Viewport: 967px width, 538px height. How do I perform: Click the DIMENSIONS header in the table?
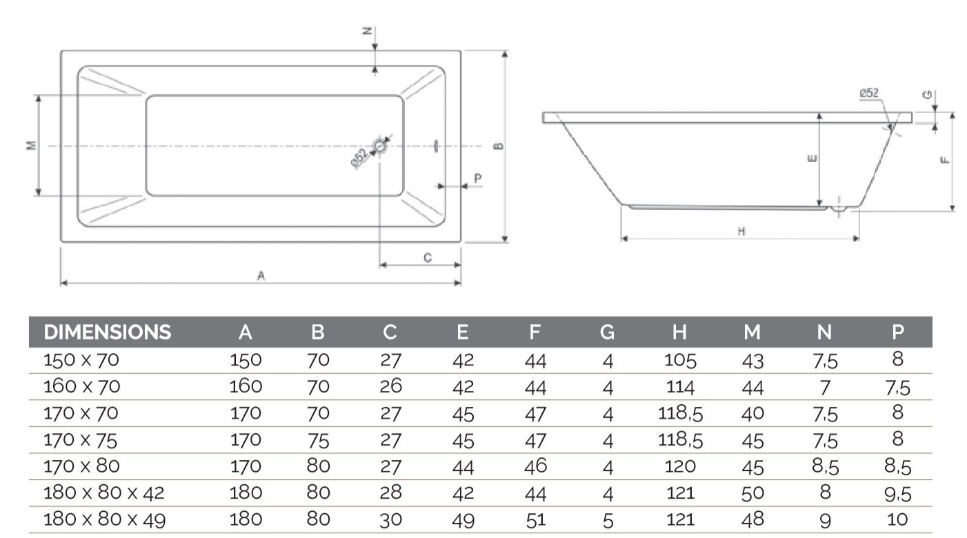tap(107, 332)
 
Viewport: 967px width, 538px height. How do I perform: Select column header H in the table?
tap(679, 332)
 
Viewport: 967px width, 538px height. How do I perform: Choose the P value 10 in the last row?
tap(897, 519)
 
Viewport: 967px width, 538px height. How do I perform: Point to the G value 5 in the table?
tap(607, 521)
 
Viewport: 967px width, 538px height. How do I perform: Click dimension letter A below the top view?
tap(261, 275)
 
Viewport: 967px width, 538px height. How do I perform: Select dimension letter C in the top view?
tap(427, 257)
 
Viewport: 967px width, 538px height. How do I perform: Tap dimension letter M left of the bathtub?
tap(30, 146)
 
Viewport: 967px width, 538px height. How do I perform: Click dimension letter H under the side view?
tap(741, 232)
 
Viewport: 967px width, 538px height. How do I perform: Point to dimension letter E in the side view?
tap(812, 159)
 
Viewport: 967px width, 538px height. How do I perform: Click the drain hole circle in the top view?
tap(379, 146)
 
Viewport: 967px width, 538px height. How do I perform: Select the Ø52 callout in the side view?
tap(868, 94)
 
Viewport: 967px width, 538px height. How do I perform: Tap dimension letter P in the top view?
tap(478, 177)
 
